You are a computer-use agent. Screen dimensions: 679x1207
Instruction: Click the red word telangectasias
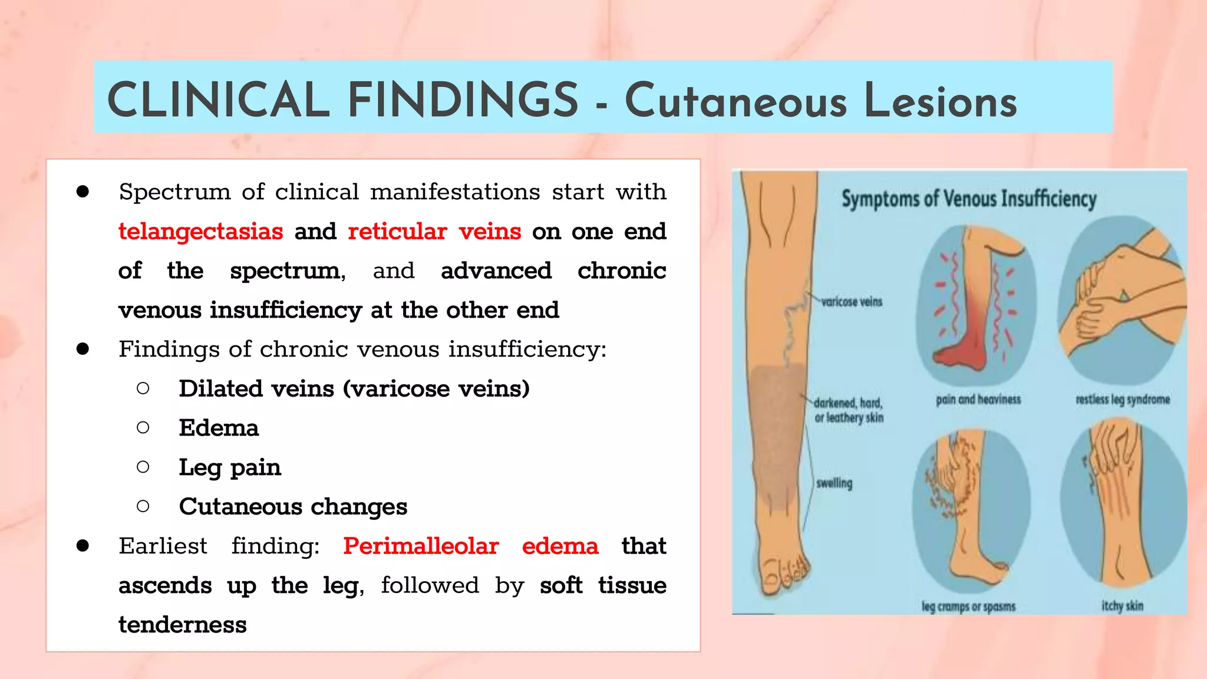click(200, 231)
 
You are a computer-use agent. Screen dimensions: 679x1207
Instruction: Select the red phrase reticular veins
click(434, 231)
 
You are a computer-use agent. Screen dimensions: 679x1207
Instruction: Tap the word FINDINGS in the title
click(463, 100)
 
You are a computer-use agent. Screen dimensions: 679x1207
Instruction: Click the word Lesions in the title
click(940, 101)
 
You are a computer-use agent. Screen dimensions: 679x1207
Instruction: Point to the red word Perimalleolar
click(421, 546)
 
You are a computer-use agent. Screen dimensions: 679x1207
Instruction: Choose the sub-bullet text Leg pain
click(230, 467)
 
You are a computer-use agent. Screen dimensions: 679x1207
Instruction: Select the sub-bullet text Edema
click(219, 428)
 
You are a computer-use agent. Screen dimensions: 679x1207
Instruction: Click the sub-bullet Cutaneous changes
click(293, 507)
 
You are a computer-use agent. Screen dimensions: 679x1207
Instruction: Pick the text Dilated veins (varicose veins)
click(354, 389)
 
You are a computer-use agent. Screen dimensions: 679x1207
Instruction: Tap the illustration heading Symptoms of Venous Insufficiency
click(968, 199)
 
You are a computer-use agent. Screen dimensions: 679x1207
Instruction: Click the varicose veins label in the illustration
click(852, 302)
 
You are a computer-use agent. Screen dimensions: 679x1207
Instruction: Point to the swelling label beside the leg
click(834, 483)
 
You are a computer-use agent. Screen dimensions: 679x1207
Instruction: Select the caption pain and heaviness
click(978, 400)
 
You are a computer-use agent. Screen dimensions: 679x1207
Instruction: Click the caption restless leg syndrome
click(1122, 400)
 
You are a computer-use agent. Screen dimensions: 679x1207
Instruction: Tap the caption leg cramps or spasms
click(968, 606)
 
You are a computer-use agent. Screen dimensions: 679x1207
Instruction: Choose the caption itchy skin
click(1122, 605)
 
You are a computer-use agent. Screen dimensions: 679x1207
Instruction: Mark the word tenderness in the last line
click(183, 625)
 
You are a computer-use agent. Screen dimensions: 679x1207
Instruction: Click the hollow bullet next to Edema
click(143, 428)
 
